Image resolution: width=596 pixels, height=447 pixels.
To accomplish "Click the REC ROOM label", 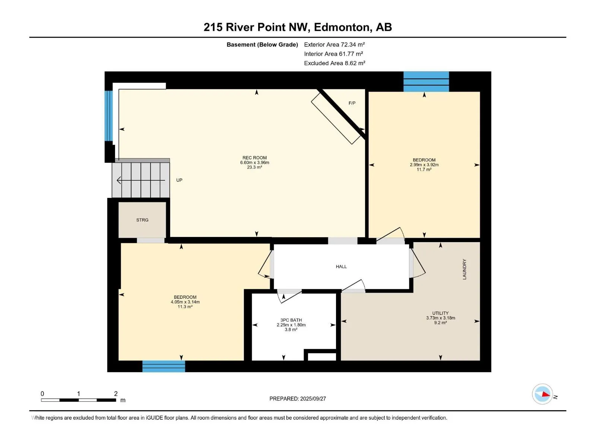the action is [254, 158].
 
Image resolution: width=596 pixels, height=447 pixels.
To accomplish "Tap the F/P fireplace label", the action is [352, 103].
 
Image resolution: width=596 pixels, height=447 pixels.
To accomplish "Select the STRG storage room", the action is [142, 220].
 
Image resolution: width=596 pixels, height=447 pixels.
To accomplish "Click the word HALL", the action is [341, 266].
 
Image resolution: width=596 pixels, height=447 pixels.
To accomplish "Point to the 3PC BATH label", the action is [291, 320].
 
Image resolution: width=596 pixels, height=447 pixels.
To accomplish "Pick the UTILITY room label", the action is [440, 313].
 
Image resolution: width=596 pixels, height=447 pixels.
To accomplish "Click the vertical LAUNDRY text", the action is [464, 269].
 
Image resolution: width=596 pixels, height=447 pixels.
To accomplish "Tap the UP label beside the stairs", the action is [179, 180].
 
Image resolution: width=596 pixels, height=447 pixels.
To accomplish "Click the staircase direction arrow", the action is [141, 180].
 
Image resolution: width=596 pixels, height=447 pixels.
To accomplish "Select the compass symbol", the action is [542, 394].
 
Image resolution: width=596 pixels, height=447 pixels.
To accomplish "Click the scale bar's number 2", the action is [116, 393].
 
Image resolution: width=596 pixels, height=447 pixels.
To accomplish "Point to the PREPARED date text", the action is [298, 399].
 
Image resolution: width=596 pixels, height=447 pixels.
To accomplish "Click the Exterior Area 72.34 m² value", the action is [334, 44].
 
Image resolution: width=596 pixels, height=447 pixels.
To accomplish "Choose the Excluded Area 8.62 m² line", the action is [335, 63].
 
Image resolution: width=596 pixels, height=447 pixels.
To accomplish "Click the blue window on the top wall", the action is [426, 82].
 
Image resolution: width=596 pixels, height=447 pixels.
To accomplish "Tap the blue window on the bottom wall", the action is [164, 366].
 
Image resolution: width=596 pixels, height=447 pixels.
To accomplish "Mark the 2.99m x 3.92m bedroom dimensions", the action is [424, 165].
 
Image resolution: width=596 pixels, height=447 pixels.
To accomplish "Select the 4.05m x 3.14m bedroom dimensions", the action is [185, 302].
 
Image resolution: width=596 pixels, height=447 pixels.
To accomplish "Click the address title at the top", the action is [298, 27].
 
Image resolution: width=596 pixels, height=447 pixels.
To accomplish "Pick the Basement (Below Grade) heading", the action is [262, 44].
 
